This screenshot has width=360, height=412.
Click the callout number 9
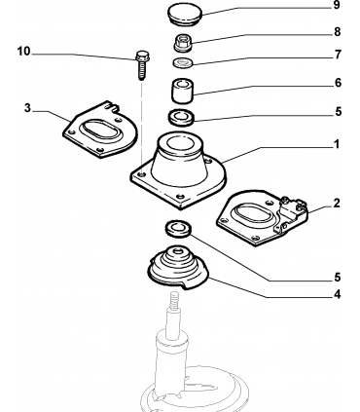point(337,5)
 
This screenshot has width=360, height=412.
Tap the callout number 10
point(23,52)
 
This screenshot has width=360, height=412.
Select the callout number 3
point(27,108)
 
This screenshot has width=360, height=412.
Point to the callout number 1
point(337,144)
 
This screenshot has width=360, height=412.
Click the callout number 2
point(337,204)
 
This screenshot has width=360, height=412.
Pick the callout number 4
point(337,294)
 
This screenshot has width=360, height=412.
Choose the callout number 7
point(338,55)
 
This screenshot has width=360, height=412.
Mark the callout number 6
point(338,83)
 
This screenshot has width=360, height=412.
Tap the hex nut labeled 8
point(183,43)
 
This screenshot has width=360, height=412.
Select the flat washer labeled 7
point(183,62)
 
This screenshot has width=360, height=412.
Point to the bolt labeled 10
point(141,65)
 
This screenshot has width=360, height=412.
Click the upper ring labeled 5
point(181,117)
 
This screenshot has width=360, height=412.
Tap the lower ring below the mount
point(178,229)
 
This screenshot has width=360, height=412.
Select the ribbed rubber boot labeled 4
point(178,268)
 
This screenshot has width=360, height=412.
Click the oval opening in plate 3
point(98,131)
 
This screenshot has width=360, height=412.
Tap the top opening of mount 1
point(181,143)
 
